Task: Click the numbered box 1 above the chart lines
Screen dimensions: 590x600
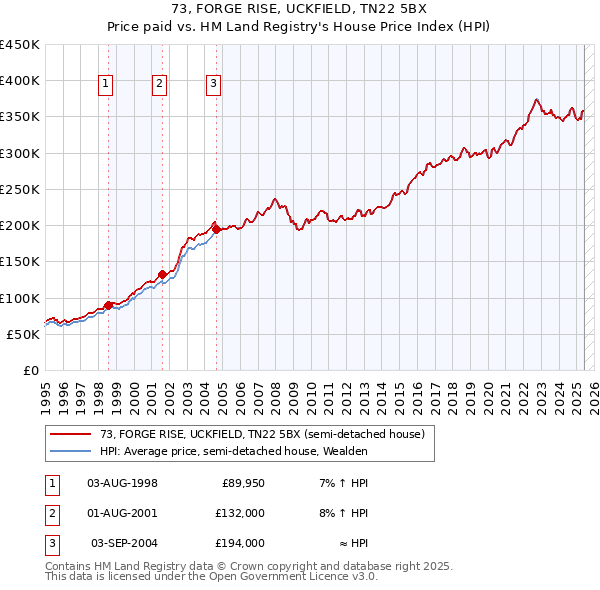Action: coord(106,85)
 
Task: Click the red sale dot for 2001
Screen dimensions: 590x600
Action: coord(162,272)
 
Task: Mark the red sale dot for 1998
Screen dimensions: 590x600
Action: coord(108,305)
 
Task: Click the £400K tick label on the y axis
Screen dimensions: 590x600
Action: coord(20,81)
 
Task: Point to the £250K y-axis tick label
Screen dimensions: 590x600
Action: coord(20,189)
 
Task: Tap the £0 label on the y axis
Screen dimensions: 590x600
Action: coord(30,370)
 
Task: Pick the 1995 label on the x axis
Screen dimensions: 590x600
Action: coord(45,394)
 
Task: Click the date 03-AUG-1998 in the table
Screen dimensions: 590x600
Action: coord(123,483)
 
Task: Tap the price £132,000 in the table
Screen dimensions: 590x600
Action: coord(240,513)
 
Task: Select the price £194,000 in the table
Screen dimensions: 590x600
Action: coord(240,543)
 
